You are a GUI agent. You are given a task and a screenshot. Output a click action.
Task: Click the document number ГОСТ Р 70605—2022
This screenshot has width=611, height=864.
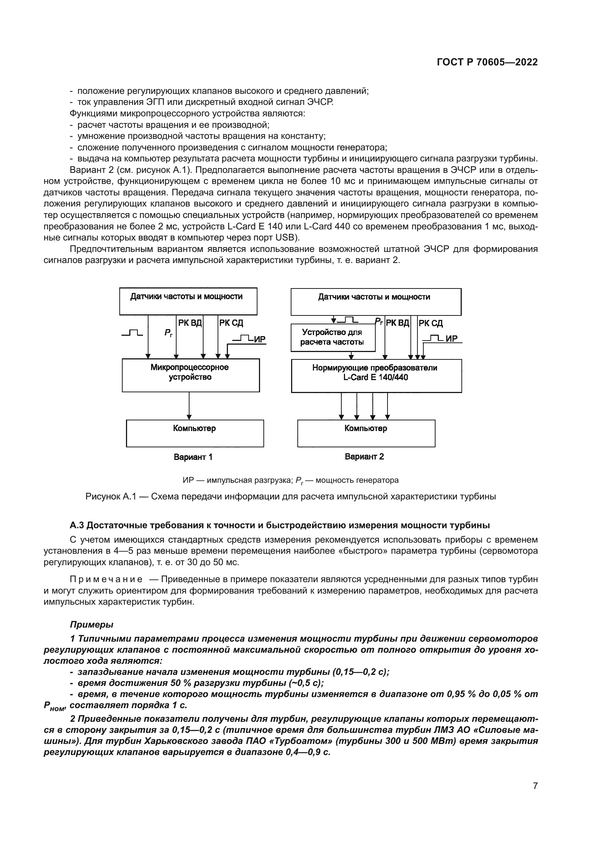tap(487, 62)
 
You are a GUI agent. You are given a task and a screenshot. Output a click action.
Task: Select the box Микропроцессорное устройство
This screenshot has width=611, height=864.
tap(190, 375)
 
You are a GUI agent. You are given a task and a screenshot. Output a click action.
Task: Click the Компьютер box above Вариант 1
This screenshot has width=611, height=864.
tap(195, 434)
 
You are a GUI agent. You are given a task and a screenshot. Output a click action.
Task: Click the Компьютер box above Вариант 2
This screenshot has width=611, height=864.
tap(366, 434)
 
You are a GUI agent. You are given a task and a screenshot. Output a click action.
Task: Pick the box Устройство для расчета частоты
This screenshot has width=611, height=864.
tap(332, 338)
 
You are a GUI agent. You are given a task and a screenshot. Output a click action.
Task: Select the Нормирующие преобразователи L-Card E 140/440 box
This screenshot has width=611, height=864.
tap(376, 376)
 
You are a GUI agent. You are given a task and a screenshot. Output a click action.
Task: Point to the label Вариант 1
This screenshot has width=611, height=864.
tap(193, 457)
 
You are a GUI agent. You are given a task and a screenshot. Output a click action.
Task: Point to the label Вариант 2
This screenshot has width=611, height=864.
tap(364, 457)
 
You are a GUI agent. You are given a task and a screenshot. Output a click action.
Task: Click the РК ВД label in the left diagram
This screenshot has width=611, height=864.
tap(190, 323)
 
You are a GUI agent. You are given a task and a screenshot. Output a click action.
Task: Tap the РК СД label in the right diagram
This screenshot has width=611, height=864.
tap(431, 323)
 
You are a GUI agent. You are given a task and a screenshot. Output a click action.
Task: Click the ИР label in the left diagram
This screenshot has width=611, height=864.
tap(260, 340)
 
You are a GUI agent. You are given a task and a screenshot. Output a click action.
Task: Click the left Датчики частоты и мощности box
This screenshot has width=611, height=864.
tap(188, 301)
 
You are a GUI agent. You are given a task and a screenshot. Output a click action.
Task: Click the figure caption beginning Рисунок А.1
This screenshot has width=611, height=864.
tap(290, 497)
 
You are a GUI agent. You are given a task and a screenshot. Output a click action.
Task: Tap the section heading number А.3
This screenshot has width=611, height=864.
tap(77, 525)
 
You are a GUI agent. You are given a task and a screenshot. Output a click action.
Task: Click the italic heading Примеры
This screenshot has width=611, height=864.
tap(91, 625)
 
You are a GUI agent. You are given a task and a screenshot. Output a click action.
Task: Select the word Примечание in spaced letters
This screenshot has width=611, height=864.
tap(106, 579)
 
